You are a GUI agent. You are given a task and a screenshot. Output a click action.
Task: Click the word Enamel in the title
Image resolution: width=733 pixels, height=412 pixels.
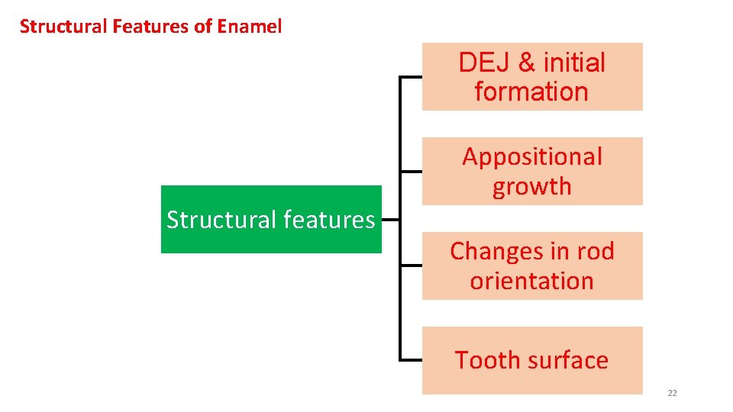click(250, 27)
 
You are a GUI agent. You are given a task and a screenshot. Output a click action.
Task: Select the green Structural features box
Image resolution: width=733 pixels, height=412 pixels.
click(271, 219)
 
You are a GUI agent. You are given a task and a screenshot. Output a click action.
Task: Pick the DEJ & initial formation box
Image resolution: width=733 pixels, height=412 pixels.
click(532, 77)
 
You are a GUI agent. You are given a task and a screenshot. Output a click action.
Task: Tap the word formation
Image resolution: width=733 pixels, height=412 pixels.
click(531, 92)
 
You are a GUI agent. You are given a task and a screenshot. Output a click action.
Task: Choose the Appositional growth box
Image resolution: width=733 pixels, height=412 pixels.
click(532, 171)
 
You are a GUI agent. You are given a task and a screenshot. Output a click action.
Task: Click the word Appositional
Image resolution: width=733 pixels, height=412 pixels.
click(532, 157)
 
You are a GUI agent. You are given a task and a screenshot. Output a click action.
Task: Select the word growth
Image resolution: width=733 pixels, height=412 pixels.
click(532, 186)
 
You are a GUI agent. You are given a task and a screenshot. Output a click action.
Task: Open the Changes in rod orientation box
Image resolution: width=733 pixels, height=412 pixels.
click(532, 266)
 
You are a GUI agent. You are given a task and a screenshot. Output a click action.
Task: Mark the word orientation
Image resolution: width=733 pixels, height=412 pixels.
click(532, 281)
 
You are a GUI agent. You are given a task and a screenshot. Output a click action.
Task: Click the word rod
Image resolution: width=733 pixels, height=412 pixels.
click(595, 251)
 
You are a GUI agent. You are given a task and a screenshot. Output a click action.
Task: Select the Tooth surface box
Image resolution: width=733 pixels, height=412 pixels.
click(532, 360)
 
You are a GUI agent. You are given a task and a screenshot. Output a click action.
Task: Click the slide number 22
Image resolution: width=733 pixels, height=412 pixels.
click(672, 393)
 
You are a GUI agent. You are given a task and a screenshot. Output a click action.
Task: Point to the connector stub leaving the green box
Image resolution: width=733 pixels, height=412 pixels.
click(390, 219)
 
